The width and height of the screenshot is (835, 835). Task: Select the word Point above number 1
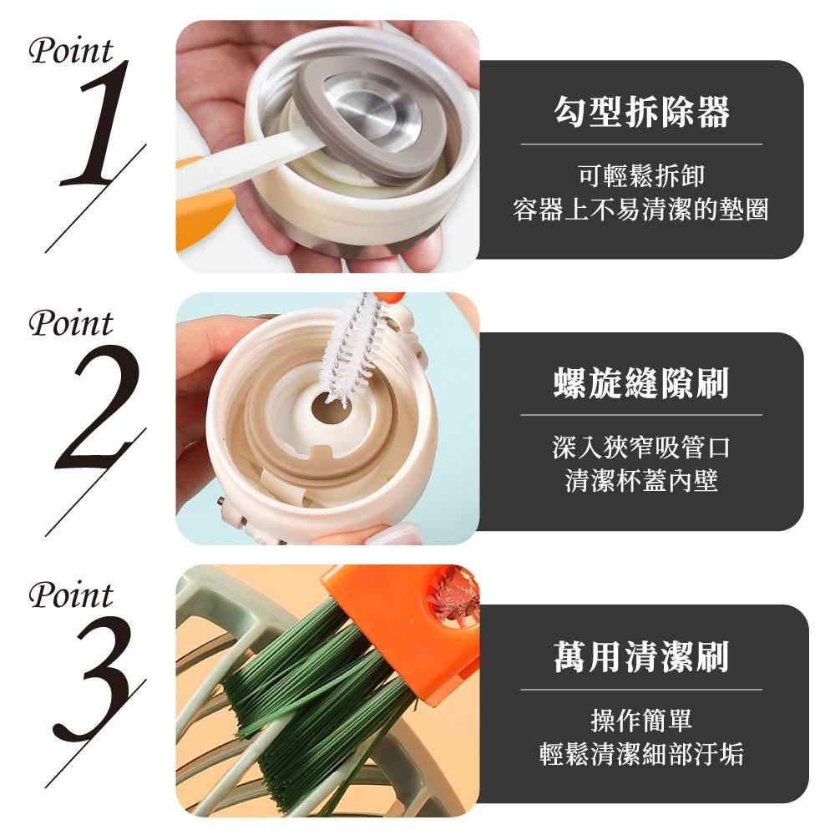pyautogui.click(x=70, y=51)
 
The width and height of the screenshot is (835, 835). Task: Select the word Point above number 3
pyautogui.click(x=70, y=596)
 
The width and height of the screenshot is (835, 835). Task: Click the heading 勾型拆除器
pyautogui.click(x=640, y=111)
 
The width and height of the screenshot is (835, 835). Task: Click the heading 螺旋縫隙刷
pyautogui.click(x=640, y=382)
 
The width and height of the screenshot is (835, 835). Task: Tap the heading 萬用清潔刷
pyautogui.click(x=640, y=656)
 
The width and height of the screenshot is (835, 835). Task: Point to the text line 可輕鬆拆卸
pyautogui.click(x=640, y=176)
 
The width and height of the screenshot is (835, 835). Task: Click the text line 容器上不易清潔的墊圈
pyautogui.click(x=640, y=210)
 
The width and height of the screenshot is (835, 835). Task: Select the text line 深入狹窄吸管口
pyautogui.click(x=640, y=448)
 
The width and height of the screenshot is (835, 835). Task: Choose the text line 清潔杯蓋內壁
pyautogui.click(x=640, y=482)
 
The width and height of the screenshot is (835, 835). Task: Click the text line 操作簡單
pyautogui.click(x=640, y=720)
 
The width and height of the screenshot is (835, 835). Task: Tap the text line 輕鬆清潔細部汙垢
pyautogui.click(x=640, y=754)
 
